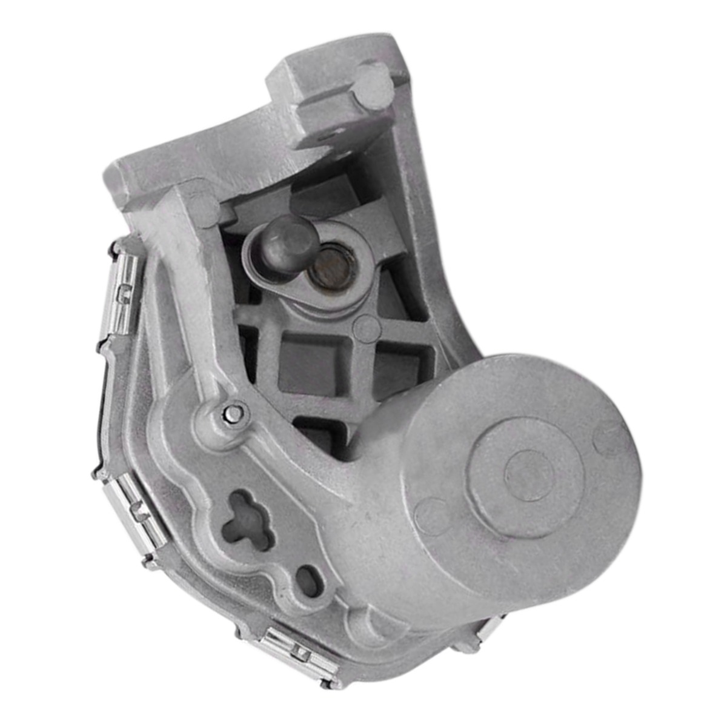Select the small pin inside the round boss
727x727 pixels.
(233, 413)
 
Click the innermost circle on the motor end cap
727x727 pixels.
(529, 474)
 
